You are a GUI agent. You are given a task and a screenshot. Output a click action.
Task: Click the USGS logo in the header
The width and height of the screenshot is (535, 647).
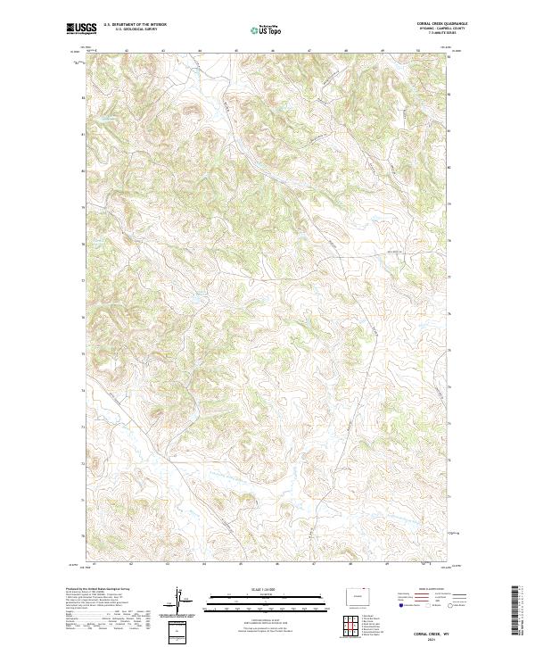(x=81, y=28)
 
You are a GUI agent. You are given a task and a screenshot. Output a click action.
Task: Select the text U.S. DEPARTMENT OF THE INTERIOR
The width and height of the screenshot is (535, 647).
(x=135, y=25)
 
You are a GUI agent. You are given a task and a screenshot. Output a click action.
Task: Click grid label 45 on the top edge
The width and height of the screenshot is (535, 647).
(x=236, y=51)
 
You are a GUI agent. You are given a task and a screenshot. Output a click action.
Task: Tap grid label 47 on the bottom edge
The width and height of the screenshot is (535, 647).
(x=309, y=564)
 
